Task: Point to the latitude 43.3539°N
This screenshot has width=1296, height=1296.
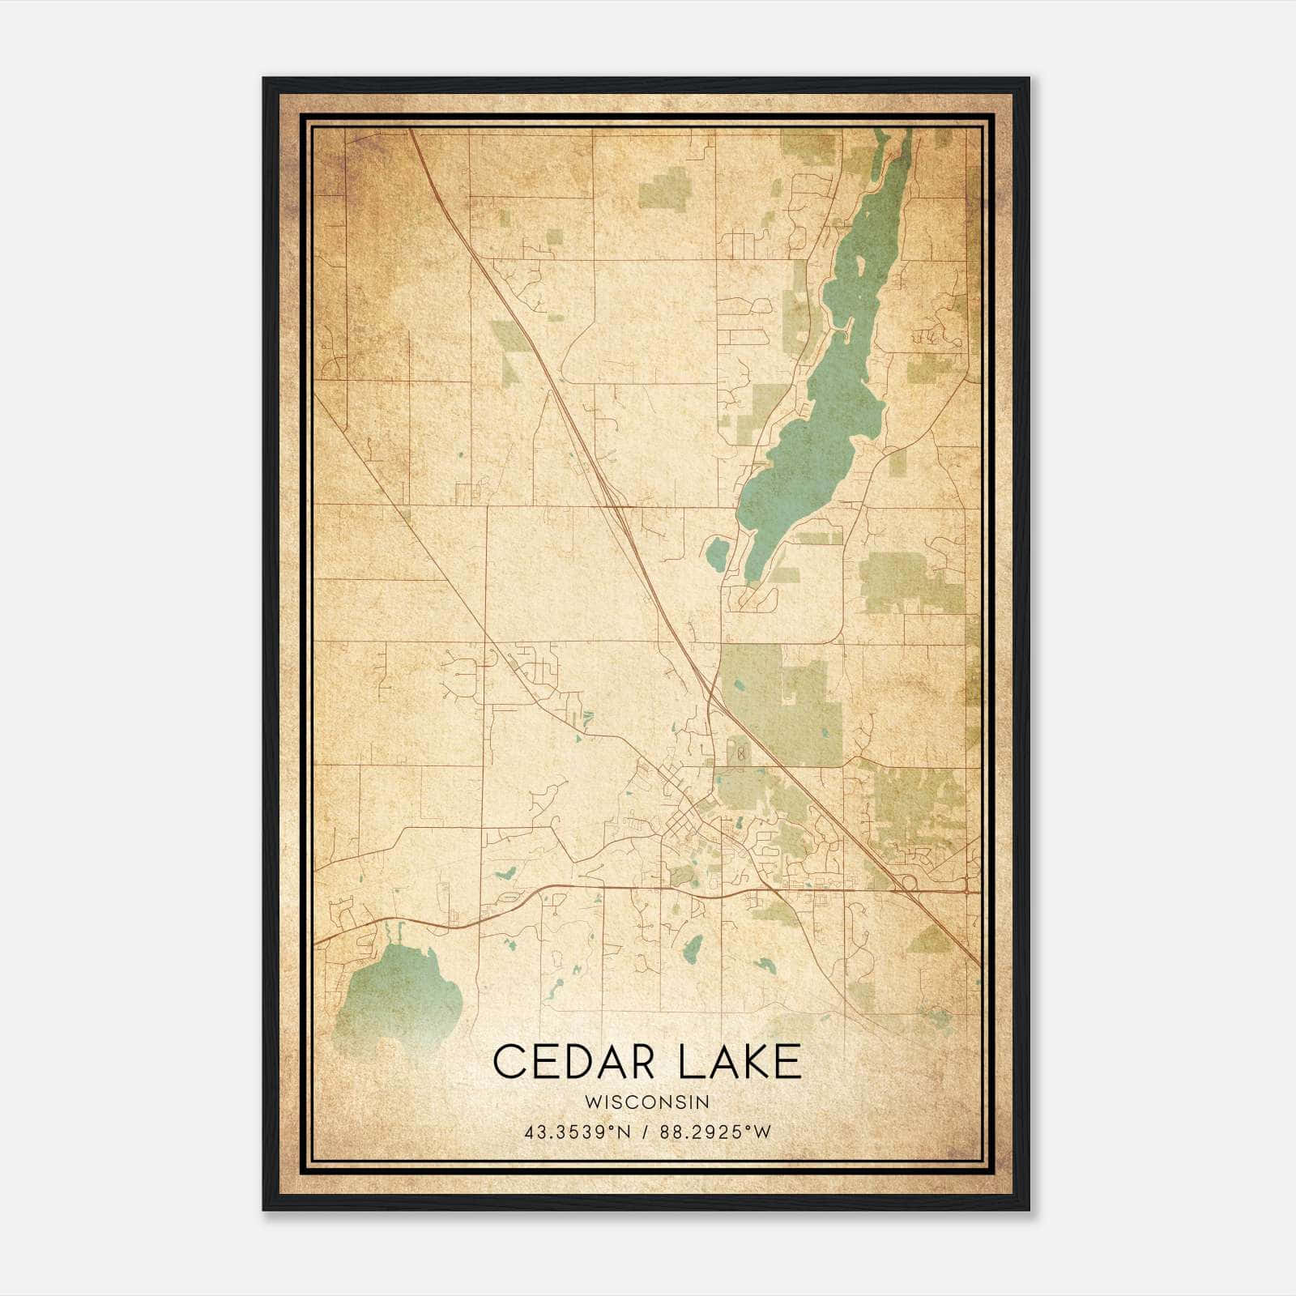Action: coord(577,1132)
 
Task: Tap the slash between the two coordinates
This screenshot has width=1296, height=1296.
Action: coord(645,1132)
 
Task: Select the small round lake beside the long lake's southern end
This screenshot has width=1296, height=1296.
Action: coord(717,554)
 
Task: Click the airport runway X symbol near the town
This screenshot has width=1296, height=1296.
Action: coord(740,754)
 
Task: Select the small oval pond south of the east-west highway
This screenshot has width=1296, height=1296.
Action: coord(693,949)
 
